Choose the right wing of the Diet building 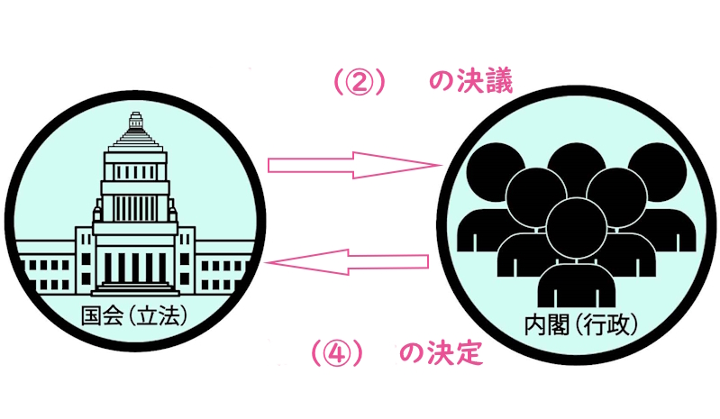pyautogui.click(x=221, y=269)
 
